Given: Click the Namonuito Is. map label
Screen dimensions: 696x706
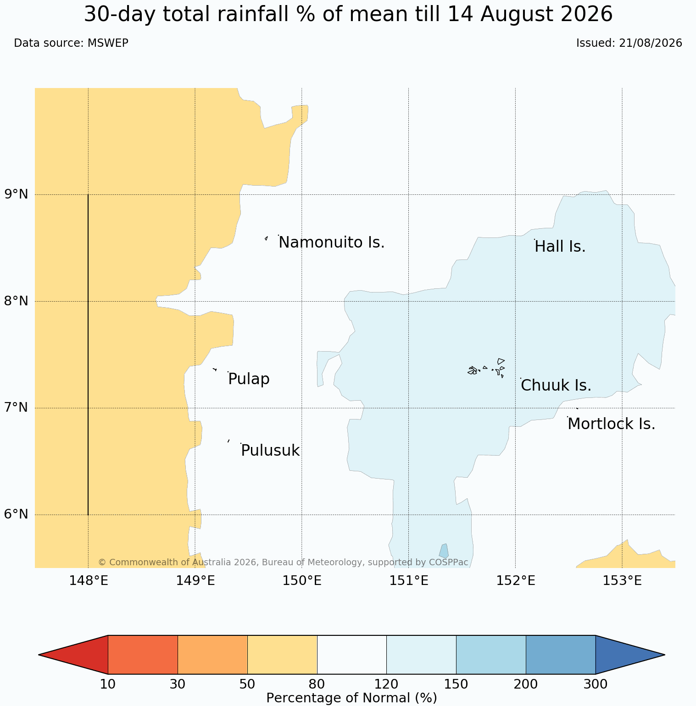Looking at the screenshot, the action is (331, 242).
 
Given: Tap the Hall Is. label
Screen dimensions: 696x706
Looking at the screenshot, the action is (560, 247).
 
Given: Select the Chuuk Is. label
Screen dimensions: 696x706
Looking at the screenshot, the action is (556, 386).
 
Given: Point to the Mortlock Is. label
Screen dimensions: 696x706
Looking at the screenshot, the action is (611, 424).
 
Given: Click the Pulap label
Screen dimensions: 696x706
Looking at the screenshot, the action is (249, 379).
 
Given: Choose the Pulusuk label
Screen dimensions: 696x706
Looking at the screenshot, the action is (270, 451).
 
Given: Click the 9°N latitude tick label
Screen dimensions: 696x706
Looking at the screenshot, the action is (16, 194).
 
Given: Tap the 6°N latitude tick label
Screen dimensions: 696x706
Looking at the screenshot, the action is (16, 514).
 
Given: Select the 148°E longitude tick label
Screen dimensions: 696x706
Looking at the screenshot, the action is (88, 581).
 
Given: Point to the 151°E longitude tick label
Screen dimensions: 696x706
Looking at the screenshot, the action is (409, 581).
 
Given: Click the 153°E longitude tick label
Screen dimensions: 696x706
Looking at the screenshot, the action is (622, 581).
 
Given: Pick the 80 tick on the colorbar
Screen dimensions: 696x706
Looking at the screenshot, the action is (317, 684).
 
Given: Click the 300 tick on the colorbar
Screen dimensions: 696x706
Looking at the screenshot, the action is (596, 684).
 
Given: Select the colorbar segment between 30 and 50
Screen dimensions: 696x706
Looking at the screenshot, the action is (212, 655).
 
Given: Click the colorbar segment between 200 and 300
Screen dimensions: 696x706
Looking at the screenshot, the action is (561, 655).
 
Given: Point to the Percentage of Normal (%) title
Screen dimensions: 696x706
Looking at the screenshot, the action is (351, 698).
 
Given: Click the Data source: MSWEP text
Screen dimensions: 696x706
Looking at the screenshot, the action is (71, 43).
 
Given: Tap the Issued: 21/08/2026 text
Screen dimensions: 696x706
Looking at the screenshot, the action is (629, 43).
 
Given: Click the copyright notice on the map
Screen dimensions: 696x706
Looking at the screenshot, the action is (283, 562).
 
